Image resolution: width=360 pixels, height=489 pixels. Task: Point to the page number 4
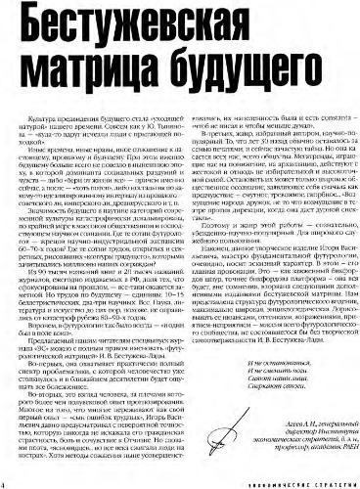(x=5, y=481)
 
